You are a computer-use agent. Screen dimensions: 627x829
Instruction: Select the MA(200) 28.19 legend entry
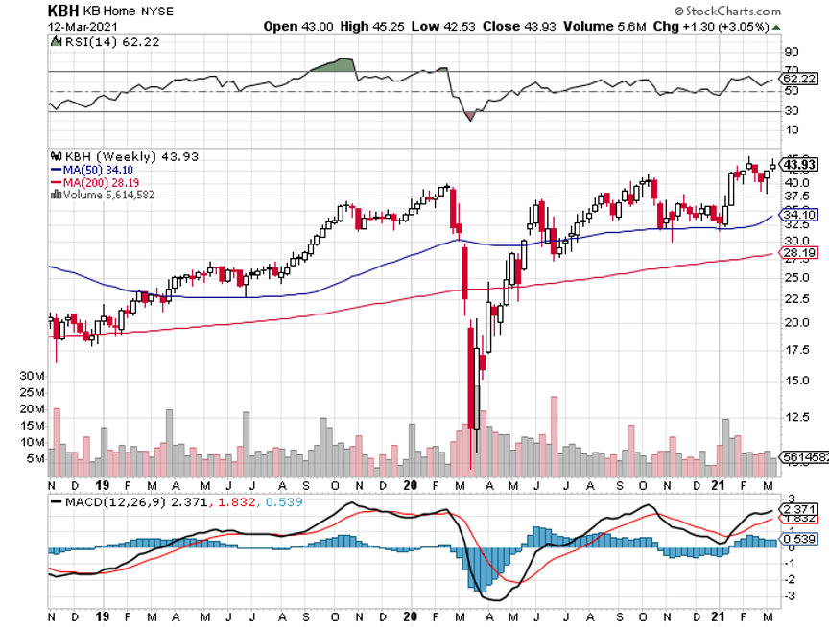pyautogui.click(x=91, y=182)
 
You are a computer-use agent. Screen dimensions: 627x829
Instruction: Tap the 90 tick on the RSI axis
pyautogui.click(x=792, y=51)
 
